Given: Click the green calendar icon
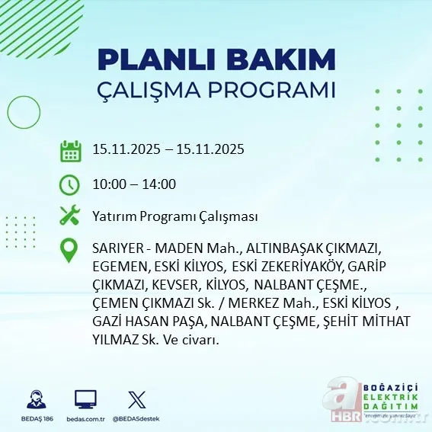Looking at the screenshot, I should click(x=70, y=150).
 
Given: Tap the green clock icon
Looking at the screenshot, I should click(x=70, y=184).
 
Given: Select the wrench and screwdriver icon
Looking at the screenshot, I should click(x=70, y=216).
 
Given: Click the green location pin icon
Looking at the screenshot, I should click(x=70, y=251).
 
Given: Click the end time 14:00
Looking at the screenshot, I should click(x=160, y=184).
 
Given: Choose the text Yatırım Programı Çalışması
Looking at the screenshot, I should click(x=174, y=217).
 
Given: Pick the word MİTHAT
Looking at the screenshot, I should click(x=366, y=322).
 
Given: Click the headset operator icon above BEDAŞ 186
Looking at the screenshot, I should click(x=34, y=399).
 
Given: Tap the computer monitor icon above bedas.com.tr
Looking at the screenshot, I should click(x=85, y=399).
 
